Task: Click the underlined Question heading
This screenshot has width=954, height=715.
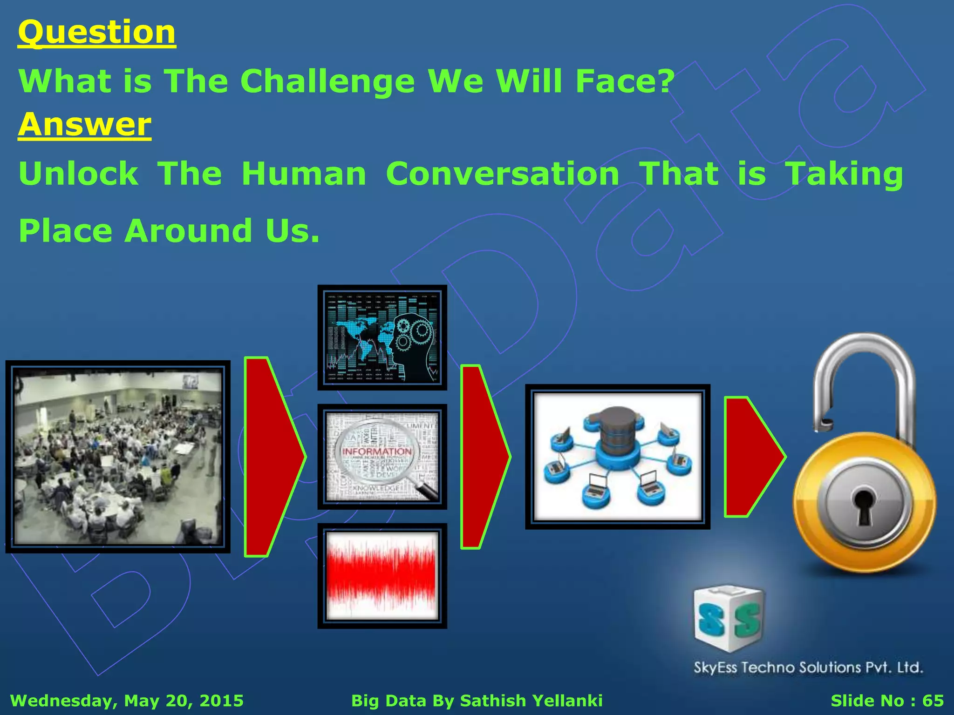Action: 97,33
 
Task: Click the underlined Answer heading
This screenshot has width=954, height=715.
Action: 85,125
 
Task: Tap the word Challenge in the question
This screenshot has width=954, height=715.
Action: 327,81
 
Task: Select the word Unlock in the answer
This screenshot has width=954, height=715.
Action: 78,174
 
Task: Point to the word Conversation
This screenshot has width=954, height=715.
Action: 502,174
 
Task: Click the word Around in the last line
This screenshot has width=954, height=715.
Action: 189,231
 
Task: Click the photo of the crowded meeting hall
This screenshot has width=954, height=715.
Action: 118,457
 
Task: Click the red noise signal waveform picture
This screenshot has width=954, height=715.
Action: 382,576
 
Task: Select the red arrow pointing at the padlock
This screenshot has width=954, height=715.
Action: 751,457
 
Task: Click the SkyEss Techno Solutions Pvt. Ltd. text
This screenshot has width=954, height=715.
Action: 808,668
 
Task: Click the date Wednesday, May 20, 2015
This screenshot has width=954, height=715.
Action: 127,701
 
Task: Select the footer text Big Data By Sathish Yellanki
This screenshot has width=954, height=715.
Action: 477,701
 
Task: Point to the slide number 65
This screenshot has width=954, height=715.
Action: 933,701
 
